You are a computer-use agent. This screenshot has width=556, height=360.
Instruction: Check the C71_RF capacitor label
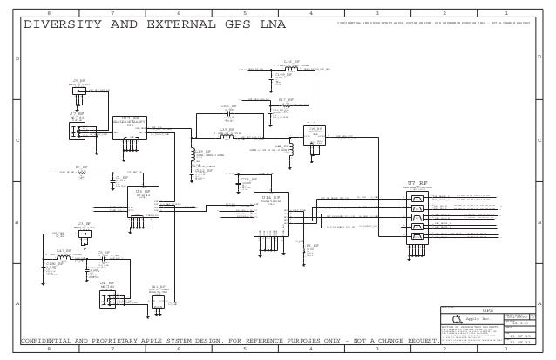click(247, 179)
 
